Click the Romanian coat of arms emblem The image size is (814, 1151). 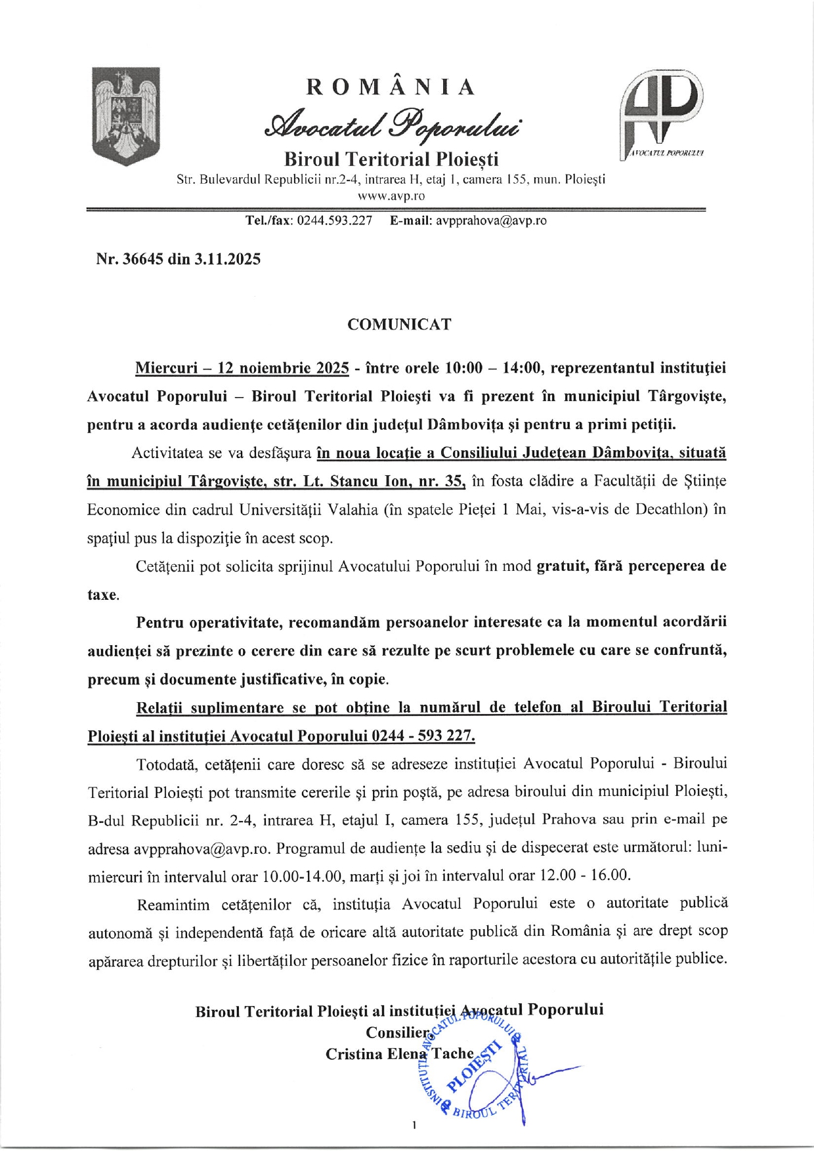point(126,115)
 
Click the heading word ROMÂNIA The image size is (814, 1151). point(391,87)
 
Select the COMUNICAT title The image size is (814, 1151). point(399,325)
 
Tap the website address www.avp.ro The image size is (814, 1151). point(391,196)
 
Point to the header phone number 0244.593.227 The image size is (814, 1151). point(335,221)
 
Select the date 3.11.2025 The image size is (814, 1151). point(227,259)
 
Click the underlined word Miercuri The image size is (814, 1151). point(167,368)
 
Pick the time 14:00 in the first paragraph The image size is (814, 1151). point(523,368)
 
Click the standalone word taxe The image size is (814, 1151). point(102,595)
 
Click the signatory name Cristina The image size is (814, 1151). point(353,1054)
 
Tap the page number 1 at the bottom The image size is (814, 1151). point(414,1126)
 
